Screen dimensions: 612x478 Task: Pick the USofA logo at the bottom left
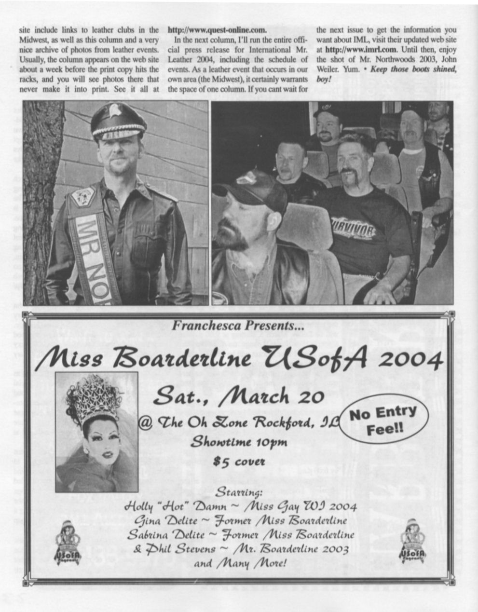68,542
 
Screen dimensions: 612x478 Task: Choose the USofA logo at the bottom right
412,541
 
